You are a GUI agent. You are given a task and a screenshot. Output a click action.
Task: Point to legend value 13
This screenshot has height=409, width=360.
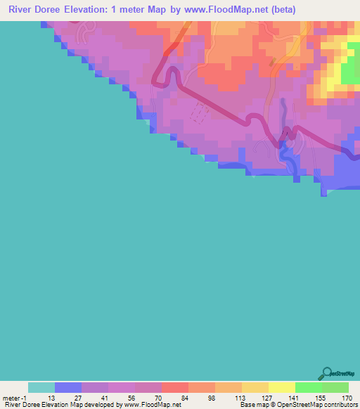(54, 397)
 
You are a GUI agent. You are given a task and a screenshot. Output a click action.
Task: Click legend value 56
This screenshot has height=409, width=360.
(134, 397)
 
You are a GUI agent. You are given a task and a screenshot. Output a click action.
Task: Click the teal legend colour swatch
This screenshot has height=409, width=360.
(41, 387)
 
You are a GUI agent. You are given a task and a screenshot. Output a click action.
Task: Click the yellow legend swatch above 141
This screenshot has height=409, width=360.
(281, 387)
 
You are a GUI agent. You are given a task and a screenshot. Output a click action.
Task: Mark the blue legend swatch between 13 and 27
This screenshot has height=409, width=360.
(68, 387)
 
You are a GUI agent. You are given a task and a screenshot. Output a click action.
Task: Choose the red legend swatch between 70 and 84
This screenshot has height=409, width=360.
(174, 387)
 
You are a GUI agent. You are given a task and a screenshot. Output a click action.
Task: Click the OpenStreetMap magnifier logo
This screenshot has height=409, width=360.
(326, 373)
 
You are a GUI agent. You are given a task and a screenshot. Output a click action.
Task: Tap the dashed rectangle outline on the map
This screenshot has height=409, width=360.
(200, 113)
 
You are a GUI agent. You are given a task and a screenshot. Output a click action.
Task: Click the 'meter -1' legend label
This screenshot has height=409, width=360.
(13, 397)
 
